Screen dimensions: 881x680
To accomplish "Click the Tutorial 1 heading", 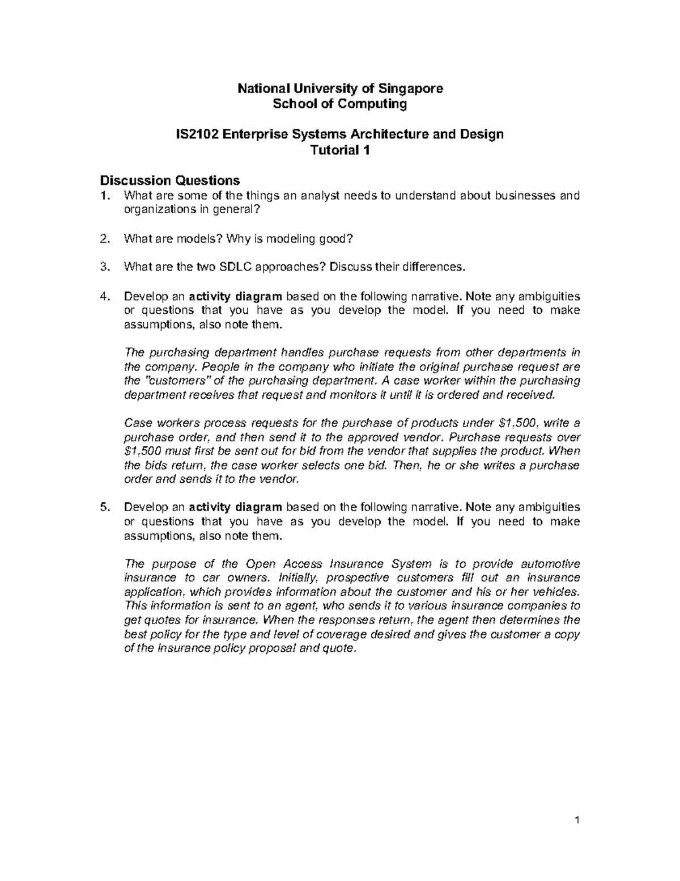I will [340, 150].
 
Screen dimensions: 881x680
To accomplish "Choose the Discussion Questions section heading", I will [170, 181].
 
